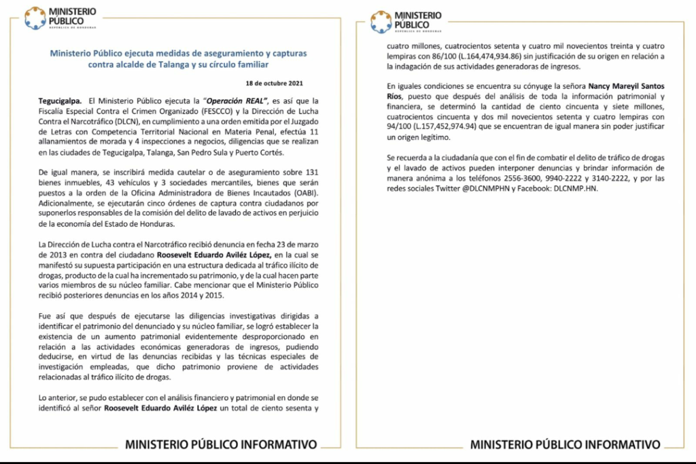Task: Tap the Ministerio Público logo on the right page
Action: coord(406,21)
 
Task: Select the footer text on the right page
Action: coord(565,445)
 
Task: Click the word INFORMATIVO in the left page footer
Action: coord(279,445)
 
